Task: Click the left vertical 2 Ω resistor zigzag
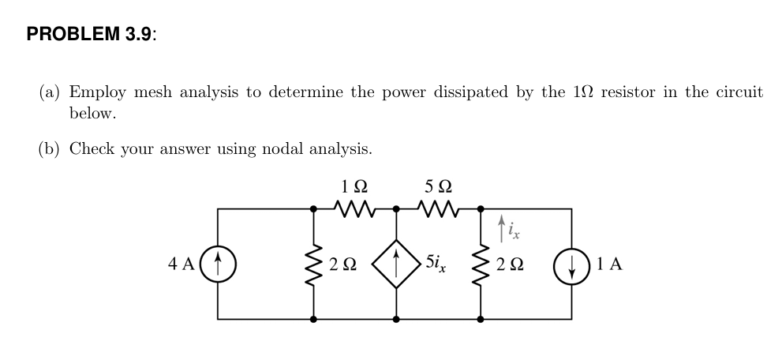(315, 263)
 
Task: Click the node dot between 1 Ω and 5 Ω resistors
(395, 209)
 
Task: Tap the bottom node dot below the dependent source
(395, 320)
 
